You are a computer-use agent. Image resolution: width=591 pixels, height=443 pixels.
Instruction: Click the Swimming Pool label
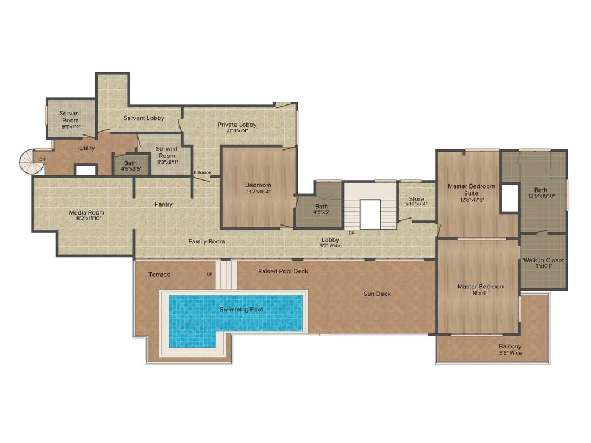[x=241, y=310]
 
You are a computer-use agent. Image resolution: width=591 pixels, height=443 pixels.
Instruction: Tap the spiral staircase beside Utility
[x=32, y=162]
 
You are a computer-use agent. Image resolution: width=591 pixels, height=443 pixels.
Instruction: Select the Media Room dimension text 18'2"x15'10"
[x=87, y=219]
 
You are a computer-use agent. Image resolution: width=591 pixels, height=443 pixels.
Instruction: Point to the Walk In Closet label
[x=543, y=260]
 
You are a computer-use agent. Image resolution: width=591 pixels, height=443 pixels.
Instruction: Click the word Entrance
[x=202, y=172]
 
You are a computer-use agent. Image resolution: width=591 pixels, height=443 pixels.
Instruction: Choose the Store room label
[x=416, y=199]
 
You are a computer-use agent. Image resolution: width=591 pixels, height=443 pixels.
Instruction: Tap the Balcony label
[x=510, y=347]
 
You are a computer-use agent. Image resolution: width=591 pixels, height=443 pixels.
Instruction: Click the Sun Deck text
[x=377, y=294]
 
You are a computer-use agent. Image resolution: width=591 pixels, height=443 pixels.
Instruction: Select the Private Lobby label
[x=237, y=125]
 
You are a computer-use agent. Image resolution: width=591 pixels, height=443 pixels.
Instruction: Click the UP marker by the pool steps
[x=210, y=274]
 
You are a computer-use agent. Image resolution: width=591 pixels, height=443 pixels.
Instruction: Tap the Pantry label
[x=163, y=204]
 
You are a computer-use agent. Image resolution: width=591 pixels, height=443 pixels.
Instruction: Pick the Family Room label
[x=207, y=241]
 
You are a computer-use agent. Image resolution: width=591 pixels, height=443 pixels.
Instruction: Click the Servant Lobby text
[x=144, y=118]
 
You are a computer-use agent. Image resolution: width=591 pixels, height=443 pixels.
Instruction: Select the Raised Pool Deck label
[x=283, y=271]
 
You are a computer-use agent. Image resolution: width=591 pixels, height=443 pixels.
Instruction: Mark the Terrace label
[x=159, y=275]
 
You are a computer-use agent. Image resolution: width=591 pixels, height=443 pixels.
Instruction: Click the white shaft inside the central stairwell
[x=370, y=214]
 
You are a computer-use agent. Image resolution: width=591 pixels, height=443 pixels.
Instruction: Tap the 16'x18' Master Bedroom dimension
[x=481, y=293]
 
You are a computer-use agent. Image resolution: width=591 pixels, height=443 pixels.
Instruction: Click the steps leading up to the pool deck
[x=227, y=275]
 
